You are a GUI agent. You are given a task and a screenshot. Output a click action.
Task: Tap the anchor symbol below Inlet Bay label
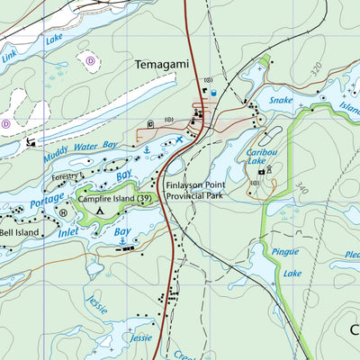tap(121, 242)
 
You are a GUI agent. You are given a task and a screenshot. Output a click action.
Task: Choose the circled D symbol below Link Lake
tap(90, 60)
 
